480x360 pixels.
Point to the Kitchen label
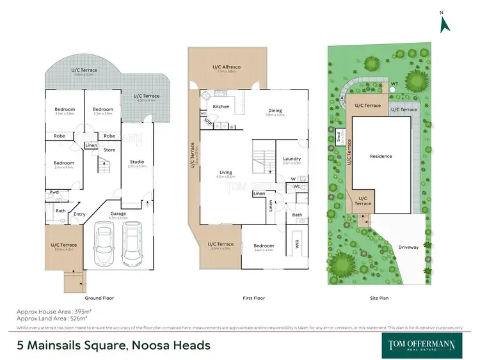pos(221,107)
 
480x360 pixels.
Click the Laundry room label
pos(291,159)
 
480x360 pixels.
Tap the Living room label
pos(226,173)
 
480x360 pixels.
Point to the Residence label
pos(381,156)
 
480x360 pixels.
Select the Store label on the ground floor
pos(109,150)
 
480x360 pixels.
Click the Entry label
pos(79,214)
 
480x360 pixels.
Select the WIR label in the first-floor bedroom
pos(297,244)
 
